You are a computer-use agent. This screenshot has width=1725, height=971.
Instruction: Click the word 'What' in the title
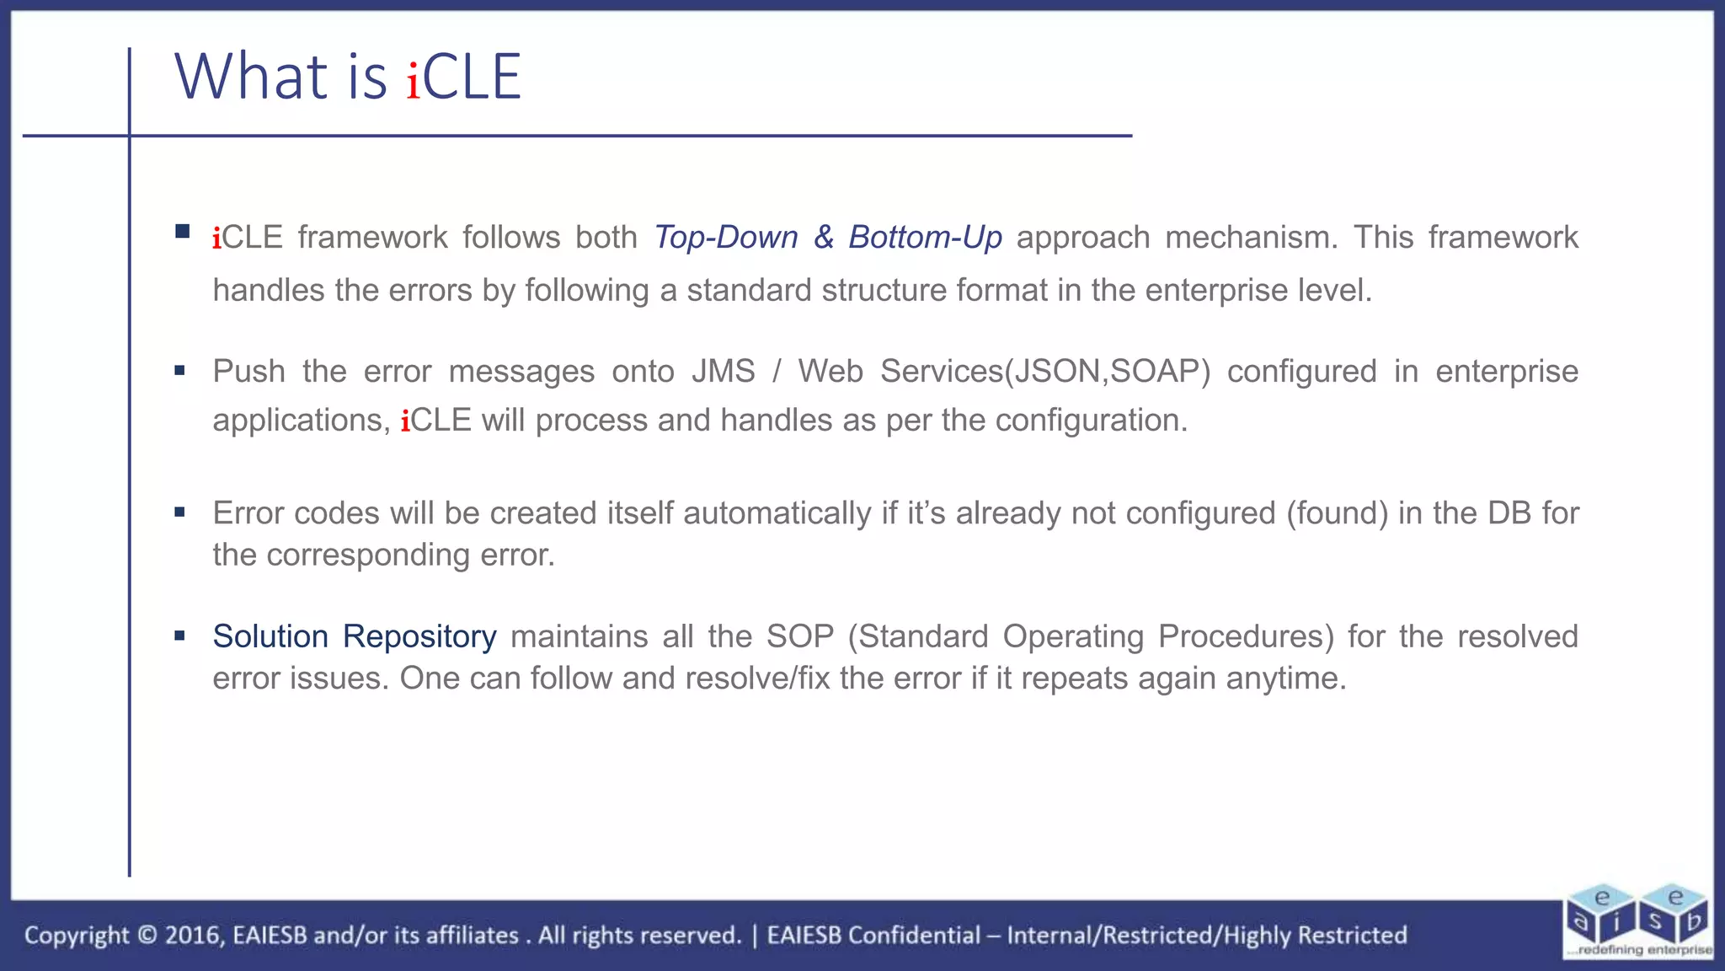click(250, 77)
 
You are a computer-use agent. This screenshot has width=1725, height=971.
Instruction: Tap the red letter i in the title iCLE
click(413, 81)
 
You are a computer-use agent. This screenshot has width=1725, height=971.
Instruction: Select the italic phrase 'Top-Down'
click(725, 238)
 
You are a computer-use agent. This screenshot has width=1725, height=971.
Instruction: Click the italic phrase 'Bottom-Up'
click(924, 238)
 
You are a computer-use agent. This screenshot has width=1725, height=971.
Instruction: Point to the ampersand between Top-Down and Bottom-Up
click(823, 238)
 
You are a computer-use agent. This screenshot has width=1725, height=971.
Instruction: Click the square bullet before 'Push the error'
click(179, 370)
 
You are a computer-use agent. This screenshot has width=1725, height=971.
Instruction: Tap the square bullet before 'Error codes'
click(179, 512)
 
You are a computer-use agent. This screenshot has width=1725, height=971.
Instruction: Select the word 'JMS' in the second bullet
click(723, 372)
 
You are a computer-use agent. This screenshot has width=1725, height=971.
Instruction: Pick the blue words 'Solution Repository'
click(354, 636)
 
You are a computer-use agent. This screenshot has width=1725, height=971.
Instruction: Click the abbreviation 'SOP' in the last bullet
click(798, 636)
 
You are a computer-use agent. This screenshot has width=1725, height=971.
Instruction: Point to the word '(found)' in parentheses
click(1337, 513)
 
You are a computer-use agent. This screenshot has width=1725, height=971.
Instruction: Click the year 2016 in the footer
click(193, 936)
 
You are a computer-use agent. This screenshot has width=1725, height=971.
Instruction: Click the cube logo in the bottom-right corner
click(1638, 920)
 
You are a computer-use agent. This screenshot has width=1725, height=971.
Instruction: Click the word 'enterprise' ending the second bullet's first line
click(1506, 372)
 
